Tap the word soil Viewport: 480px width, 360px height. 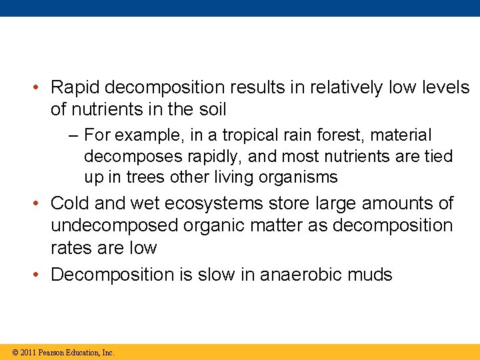[x=211, y=109]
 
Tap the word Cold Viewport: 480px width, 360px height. [x=71, y=203]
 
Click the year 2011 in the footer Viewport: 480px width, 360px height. [x=27, y=353]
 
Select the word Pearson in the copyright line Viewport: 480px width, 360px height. [x=52, y=353]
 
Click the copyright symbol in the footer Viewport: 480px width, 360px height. [x=15, y=353]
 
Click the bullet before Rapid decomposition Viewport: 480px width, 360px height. [x=40, y=87]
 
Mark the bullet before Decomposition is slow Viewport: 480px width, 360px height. [x=40, y=274]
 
